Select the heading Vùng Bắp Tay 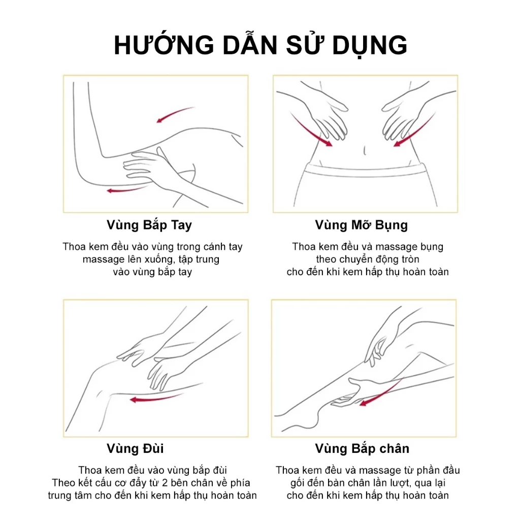pyautogui.click(x=149, y=225)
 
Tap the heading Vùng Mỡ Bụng pyautogui.click(x=361, y=225)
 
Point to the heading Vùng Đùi pyautogui.click(x=135, y=448)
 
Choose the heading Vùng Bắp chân pyautogui.click(x=362, y=448)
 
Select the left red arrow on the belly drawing pyautogui.click(x=310, y=130)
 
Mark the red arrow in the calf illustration pyautogui.click(x=381, y=394)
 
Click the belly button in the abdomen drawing pyautogui.click(x=365, y=150)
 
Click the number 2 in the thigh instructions pyautogui.click(x=165, y=483)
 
